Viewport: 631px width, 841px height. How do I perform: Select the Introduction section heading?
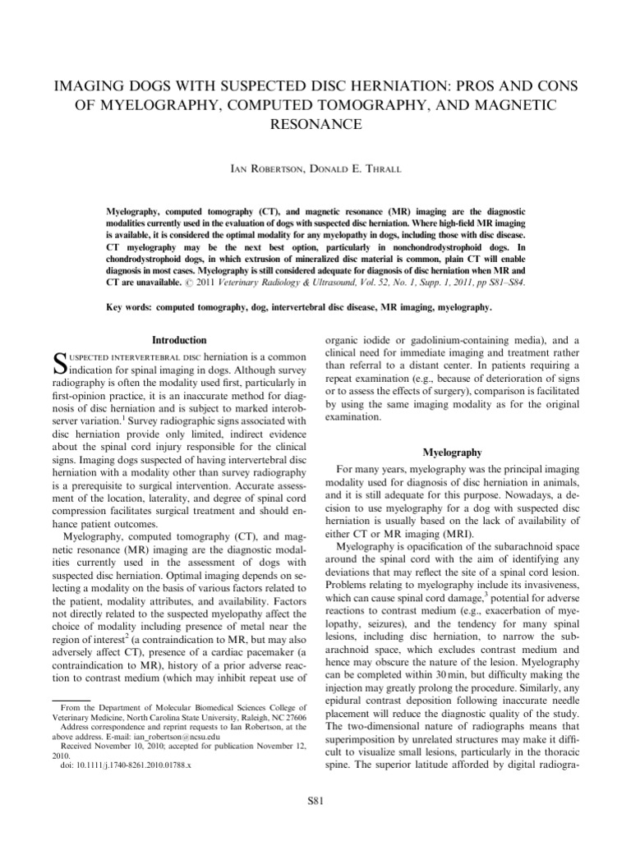(x=180, y=339)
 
